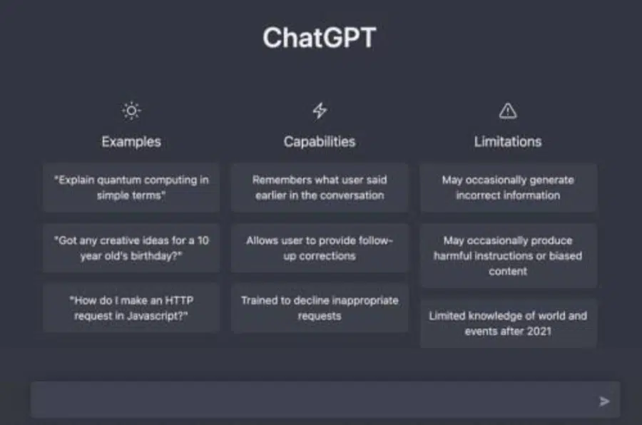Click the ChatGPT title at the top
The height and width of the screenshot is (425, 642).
tap(320, 38)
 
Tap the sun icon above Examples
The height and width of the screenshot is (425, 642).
tap(131, 111)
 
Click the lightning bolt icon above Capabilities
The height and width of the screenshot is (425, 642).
tap(320, 111)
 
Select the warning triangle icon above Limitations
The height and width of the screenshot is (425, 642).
tap(508, 111)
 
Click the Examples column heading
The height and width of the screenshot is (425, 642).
tap(131, 142)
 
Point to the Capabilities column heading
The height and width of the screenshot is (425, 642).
tap(320, 142)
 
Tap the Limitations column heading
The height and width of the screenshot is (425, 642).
tap(508, 142)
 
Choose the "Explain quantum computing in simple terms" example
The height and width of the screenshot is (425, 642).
tap(131, 188)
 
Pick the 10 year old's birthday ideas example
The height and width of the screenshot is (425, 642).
tap(131, 248)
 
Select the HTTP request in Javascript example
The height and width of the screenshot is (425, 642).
tap(131, 308)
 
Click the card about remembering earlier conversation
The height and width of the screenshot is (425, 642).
tap(320, 188)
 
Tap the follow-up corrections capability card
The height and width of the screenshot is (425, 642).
tap(320, 248)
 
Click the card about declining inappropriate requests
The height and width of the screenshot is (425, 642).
tap(320, 308)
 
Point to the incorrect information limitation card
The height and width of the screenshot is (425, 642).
tap(508, 188)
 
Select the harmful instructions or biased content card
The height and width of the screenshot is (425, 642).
tap(508, 256)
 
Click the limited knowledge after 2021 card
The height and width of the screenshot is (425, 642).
tap(508, 324)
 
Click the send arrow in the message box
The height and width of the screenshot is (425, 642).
tap(604, 401)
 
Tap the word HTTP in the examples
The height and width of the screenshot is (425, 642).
tap(178, 300)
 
